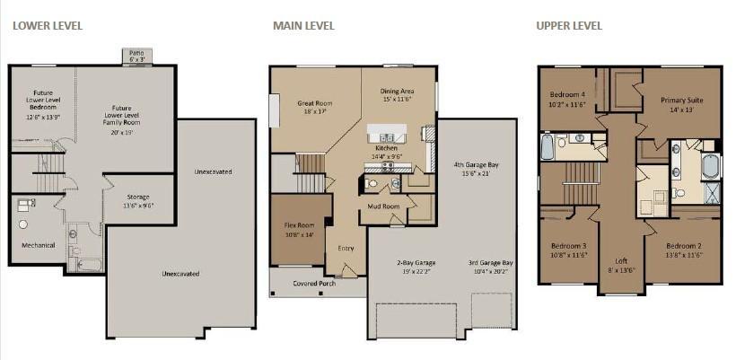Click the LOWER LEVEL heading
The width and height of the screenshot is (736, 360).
48,26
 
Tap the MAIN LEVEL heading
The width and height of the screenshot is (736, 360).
303,26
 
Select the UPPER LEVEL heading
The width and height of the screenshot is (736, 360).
569,26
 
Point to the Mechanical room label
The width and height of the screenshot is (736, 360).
38,245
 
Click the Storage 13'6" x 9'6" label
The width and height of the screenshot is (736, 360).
138,201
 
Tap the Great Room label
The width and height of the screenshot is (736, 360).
314,107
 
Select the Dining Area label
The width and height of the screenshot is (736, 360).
397,95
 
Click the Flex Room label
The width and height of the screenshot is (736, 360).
299,229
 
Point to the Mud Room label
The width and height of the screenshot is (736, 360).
383,206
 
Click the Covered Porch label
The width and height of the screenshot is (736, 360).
314,284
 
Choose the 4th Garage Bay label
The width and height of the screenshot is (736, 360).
476,169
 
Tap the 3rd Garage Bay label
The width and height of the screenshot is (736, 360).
490,267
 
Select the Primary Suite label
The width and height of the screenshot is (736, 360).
682,104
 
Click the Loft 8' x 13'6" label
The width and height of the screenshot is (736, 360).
621,265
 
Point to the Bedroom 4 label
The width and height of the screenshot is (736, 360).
567,98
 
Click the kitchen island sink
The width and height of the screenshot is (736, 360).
387,137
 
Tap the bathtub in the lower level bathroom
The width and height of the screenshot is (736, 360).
89,265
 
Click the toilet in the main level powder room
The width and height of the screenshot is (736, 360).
372,183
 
